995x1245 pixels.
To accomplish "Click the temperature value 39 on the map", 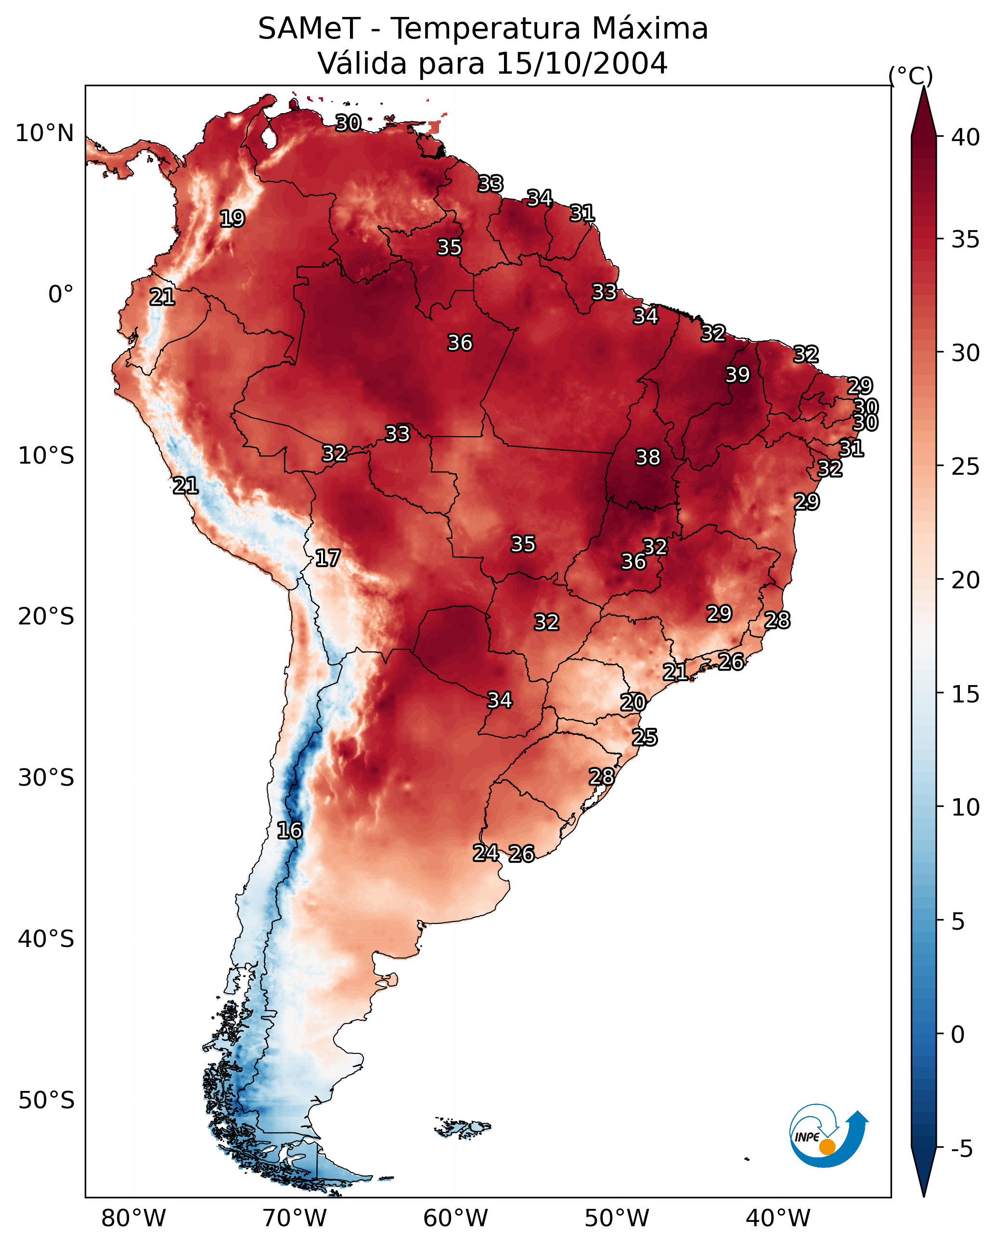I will [x=737, y=375].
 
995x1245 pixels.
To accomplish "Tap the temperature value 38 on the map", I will [x=647, y=457].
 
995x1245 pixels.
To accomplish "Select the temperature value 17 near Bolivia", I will [x=327, y=558].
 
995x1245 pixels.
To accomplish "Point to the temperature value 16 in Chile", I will [x=289, y=830].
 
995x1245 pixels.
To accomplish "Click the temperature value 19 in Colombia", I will [x=232, y=219].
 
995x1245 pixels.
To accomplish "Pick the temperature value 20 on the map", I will [x=633, y=702].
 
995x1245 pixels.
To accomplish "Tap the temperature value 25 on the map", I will [x=645, y=738].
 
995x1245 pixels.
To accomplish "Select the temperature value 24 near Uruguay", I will [x=486, y=853].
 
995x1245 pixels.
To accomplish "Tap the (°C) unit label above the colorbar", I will [x=911, y=76].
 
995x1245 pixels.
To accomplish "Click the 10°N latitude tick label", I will [x=44, y=133].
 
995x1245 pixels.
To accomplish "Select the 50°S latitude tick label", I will [x=46, y=1101].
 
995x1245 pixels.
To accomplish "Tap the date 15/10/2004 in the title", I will [x=581, y=63].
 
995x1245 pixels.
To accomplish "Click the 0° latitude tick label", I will [x=61, y=295].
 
